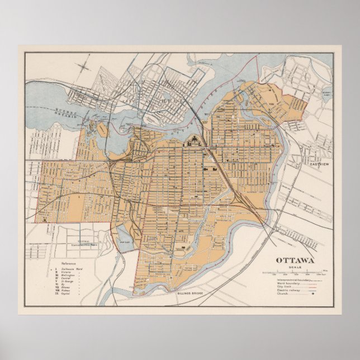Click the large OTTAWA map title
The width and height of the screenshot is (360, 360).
coord(294,260)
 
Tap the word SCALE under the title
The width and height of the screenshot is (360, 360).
coord(294,267)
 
